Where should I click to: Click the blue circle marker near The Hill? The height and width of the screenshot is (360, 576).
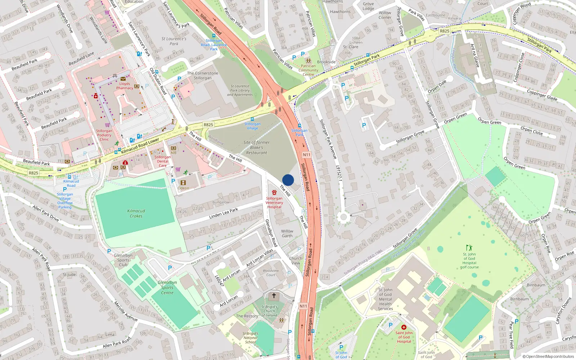(x=288, y=180)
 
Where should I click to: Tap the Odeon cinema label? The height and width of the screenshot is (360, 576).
(x=183, y=188)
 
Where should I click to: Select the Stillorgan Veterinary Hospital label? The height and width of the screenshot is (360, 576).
(x=274, y=203)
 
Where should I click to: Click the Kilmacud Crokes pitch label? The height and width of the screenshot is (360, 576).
(x=136, y=213)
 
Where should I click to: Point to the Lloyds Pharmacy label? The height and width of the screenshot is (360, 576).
(x=125, y=86)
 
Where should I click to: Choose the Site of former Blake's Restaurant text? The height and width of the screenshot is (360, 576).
(x=256, y=148)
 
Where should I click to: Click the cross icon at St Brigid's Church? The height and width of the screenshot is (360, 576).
(x=274, y=296)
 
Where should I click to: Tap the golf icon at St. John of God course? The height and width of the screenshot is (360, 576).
(x=469, y=248)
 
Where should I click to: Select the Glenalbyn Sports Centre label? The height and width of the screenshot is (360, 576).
(x=167, y=288)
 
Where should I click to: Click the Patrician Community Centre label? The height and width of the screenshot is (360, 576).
(x=308, y=70)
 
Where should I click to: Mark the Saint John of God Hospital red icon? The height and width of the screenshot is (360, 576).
(x=404, y=327)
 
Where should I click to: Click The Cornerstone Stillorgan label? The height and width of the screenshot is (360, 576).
(x=203, y=76)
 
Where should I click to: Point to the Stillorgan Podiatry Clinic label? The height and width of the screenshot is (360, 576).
(x=104, y=135)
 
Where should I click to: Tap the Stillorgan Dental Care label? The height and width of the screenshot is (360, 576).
(x=163, y=161)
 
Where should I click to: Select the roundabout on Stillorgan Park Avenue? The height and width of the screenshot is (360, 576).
(x=343, y=217)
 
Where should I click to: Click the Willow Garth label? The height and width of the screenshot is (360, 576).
(x=287, y=234)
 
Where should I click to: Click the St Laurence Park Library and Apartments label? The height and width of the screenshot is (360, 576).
(x=240, y=90)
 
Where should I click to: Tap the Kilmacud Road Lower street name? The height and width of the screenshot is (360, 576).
(x=140, y=145)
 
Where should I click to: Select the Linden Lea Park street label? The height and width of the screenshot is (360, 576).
(x=224, y=213)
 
